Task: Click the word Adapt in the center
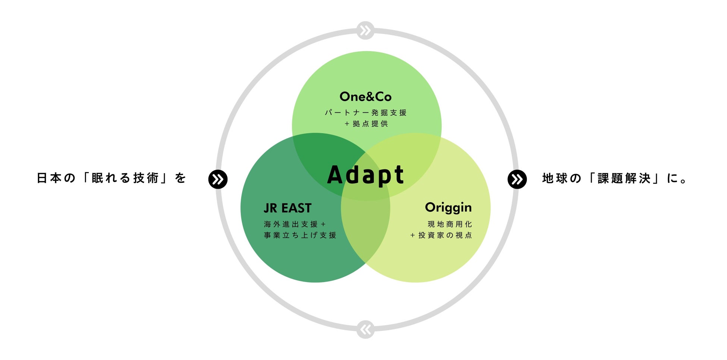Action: click(365, 175)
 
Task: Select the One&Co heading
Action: click(365, 97)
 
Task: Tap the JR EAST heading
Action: click(287, 208)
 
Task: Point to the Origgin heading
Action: click(448, 208)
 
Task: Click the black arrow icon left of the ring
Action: click(218, 179)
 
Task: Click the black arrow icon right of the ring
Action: click(517, 179)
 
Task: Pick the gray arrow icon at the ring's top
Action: click(365, 30)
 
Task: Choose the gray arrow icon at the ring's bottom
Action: click(365, 329)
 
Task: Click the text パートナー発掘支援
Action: click(365, 113)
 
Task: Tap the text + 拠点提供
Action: click(366, 124)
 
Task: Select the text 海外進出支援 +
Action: click(295, 224)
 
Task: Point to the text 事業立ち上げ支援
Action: click(300, 235)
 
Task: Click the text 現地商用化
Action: click(450, 224)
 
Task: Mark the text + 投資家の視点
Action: click(441, 235)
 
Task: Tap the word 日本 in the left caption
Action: click(49, 178)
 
